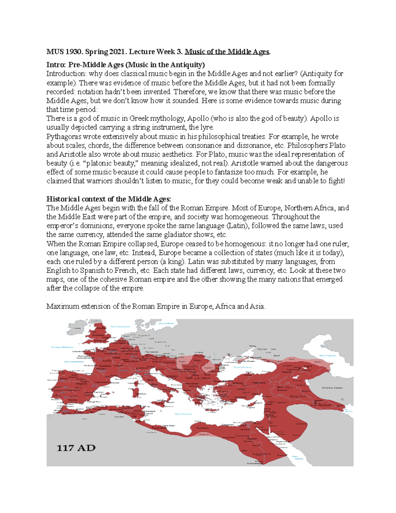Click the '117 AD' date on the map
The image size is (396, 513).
click(x=76, y=448)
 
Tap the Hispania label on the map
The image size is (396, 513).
click(x=82, y=384)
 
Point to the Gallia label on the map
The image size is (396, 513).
click(x=116, y=357)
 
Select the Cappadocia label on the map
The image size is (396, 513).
click(x=258, y=383)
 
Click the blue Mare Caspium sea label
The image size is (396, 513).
click(x=327, y=355)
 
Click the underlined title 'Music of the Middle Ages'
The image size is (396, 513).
click(x=227, y=52)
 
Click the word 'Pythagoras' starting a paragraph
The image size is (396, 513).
click(x=64, y=136)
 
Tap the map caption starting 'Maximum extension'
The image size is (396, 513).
click(x=155, y=306)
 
